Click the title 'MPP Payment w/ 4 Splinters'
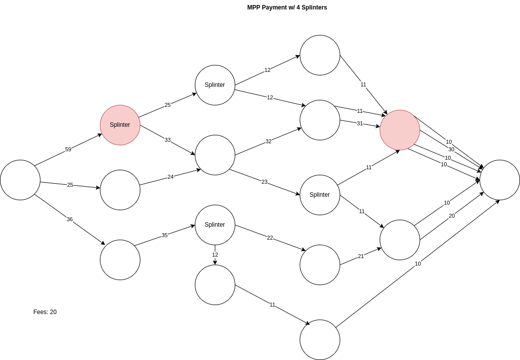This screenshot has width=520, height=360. click(287, 7)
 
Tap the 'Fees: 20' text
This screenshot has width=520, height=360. click(45, 312)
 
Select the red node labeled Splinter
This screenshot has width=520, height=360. click(120, 125)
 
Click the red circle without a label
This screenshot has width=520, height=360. click(400, 130)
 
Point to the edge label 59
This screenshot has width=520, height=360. click(68, 149)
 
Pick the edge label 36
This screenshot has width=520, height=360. click(69, 219)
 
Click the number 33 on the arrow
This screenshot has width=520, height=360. click(167, 140)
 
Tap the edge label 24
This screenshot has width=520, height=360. click(170, 177)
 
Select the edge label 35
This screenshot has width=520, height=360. click(164, 235)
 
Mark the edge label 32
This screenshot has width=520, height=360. click(268, 141)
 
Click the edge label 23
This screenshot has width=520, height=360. click(264, 182)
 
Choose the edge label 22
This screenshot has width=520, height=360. click(270, 238)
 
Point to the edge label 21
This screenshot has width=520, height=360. click(361, 256)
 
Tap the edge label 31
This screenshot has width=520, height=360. click(360, 123)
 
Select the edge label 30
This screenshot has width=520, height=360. click(451, 149)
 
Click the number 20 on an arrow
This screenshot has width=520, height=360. click(452, 216)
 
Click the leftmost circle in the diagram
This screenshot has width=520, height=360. click(20, 180)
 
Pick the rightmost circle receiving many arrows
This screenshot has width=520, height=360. click(500, 180)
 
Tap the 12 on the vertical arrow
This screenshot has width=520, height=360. click(215, 255)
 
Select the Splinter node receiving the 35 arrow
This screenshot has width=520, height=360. click(215, 225)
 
